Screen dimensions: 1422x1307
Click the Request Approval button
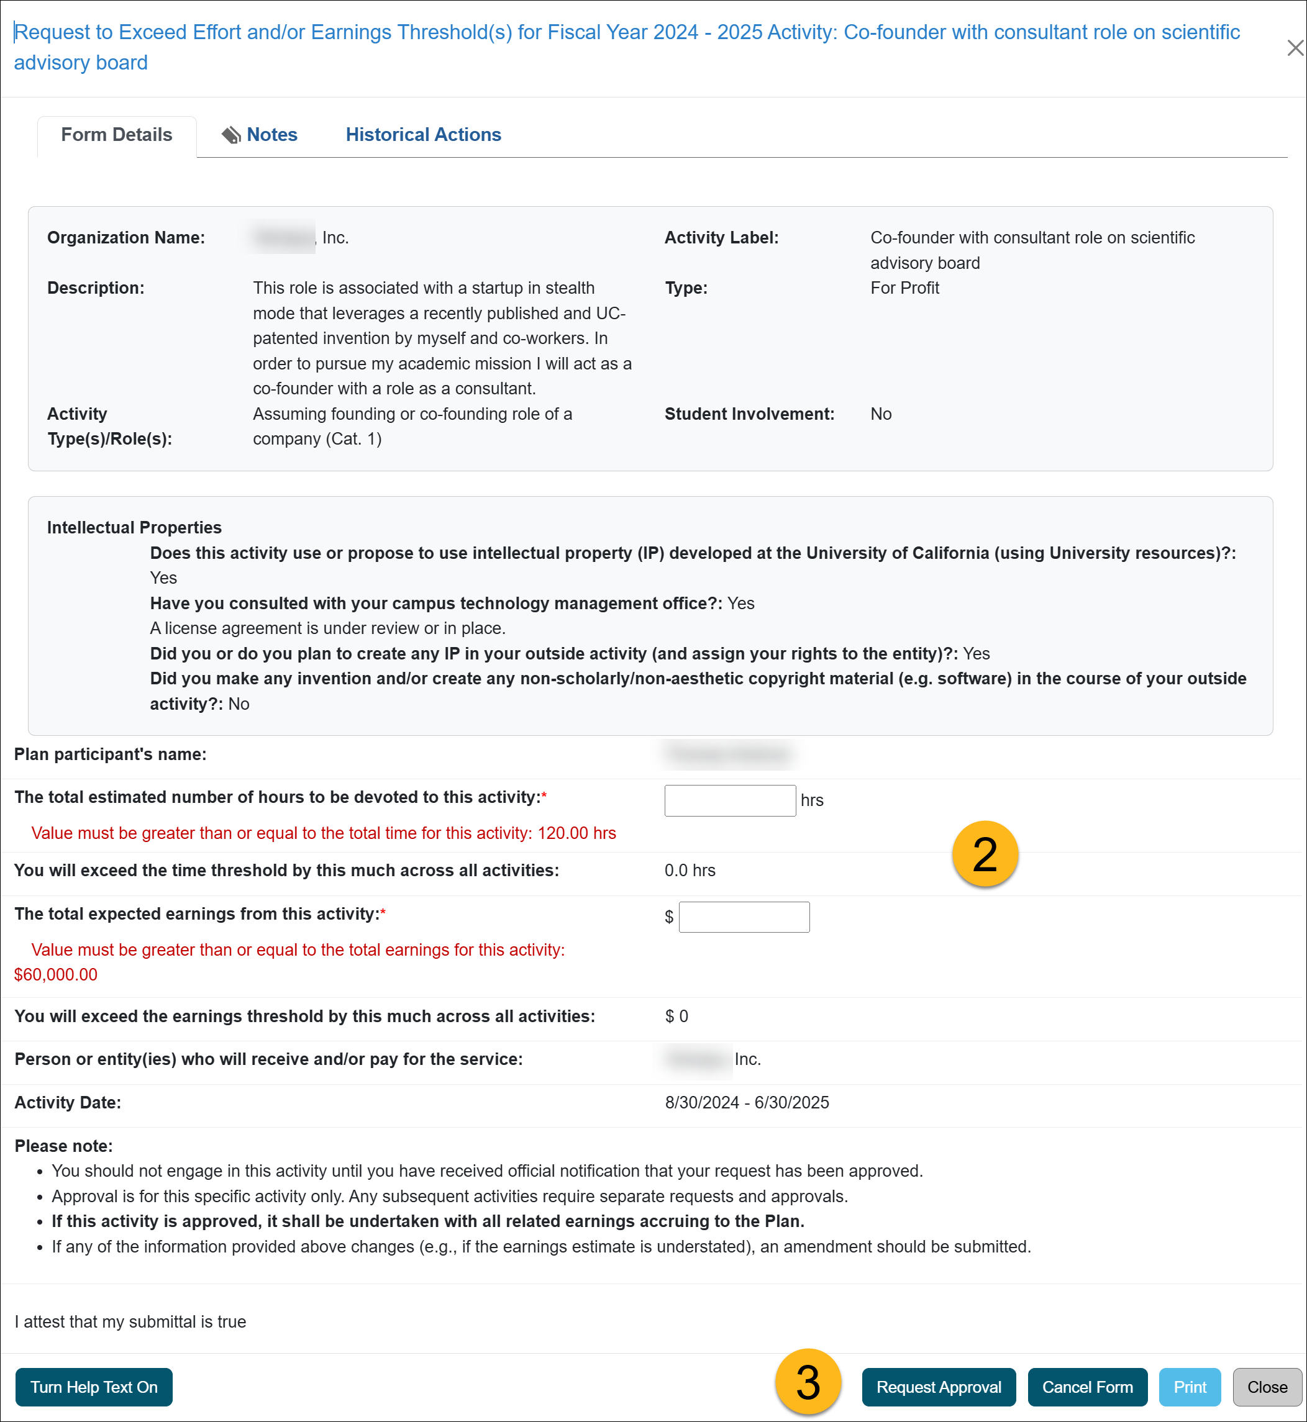coord(938,1387)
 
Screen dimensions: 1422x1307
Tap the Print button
coord(1189,1387)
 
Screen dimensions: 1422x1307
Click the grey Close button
coord(1266,1387)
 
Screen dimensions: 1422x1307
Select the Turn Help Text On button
coord(93,1387)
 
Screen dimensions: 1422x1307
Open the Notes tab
coord(271,134)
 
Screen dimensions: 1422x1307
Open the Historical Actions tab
coord(423,134)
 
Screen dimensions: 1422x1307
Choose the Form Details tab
coord(116,134)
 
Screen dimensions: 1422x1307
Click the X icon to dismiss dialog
coord(1295,48)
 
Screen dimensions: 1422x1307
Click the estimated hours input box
coord(730,800)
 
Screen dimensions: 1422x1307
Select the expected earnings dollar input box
coord(744,917)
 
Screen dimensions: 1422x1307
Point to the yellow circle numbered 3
coord(808,1381)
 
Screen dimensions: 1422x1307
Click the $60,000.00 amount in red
coord(56,974)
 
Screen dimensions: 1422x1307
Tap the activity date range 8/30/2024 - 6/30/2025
coord(747,1102)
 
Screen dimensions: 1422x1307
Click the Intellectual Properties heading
coord(134,527)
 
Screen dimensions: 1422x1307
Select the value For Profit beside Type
coord(904,288)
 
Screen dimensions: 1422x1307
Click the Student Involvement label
coord(749,414)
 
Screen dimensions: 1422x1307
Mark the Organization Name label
coord(126,238)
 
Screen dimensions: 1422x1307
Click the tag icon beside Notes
coord(231,135)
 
